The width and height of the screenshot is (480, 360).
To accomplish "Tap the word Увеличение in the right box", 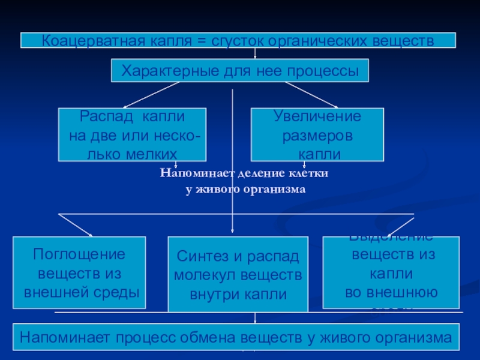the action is (317, 116).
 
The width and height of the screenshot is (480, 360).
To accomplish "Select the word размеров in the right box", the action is (317, 135).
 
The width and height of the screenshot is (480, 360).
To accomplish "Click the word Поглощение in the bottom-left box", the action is (79, 254).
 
